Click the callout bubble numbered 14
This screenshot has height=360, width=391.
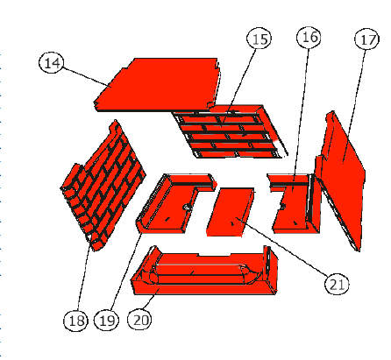click(x=51, y=62)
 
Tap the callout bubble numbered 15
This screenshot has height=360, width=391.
click(x=259, y=39)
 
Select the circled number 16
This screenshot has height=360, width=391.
click(x=309, y=37)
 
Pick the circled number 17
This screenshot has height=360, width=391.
click(x=366, y=39)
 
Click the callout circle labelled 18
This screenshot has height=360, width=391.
click(x=75, y=321)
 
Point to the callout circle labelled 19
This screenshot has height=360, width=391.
click(x=106, y=321)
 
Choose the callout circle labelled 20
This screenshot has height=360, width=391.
click(x=139, y=319)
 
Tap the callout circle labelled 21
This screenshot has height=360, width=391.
click(x=337, y=284)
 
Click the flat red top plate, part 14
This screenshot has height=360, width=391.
click(x=158, y=85)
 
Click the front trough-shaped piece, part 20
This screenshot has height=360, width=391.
click(x=204, y=273)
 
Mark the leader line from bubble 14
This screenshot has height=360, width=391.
click(x=86, y=77)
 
